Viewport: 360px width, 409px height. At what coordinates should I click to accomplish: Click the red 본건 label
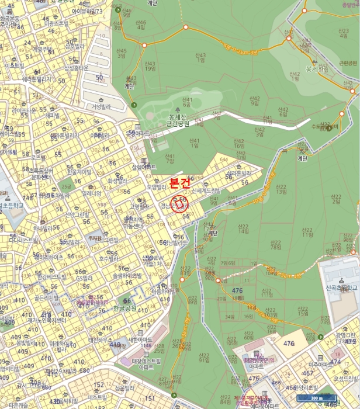[x=180, y=183]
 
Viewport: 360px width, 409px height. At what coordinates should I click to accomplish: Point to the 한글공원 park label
[x=124, y=308]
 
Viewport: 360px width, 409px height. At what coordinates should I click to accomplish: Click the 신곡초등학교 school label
[x=341, y=287]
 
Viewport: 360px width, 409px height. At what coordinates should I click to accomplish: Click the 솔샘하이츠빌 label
[x=127, y=275]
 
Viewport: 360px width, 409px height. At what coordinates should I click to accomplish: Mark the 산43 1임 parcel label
[x=200, y=57]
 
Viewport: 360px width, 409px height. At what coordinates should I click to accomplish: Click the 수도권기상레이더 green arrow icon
[x=328, y=128]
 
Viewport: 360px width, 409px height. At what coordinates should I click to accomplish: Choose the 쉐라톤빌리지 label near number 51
[x=36, y=79]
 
